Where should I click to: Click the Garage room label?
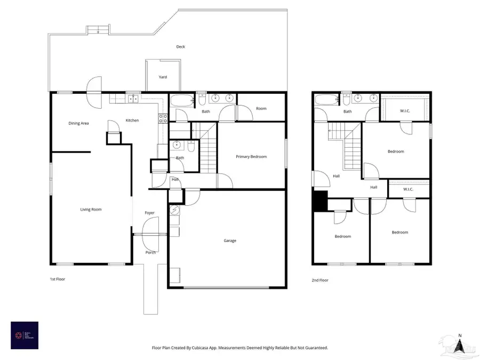(x=230, y=241)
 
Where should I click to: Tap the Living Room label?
(x=91, y=210)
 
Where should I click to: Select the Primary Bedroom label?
(x=251, y=157)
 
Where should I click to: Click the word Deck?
(x=181, y=47)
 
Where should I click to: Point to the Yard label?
(x=163, y=77)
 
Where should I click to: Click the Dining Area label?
(x=78, y=123)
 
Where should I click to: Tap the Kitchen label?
(x=132, y=121)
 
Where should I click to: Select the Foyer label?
(x=150, y=213)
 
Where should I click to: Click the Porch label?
(x=151, y=252)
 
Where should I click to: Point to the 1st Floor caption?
(x=57, y=279)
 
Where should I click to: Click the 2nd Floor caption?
(x=320, y=280)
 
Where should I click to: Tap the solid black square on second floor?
(x=320, y=201)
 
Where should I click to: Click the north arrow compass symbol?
(x=459, y=346)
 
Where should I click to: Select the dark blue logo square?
(x=25, y=335)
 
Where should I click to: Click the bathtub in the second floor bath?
(x=325, y=99)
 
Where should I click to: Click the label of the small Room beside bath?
(x=261, y=109)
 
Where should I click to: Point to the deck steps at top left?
(x=95, y=31)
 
